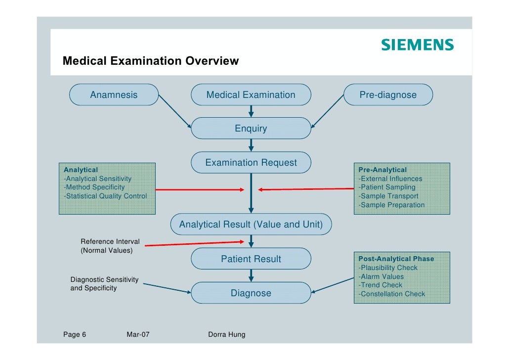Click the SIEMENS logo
pos(417,45)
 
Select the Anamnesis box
pos(114,94)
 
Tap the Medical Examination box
pos(251,94)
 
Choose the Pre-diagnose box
pos(388,94)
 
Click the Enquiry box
pos(251,129)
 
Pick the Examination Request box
pos(251,163)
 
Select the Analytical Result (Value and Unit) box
pos(251,225)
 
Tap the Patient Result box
pos(251,259)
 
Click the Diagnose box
pos(251,293)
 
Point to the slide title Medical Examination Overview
pos(151,61)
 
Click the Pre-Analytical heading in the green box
pos(382,170)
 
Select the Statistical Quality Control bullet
pos(105,196)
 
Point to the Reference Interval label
pos(110,242)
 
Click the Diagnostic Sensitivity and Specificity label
pos(104,284)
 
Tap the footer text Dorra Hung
pos(227,335)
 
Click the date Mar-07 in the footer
pos(138,335)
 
